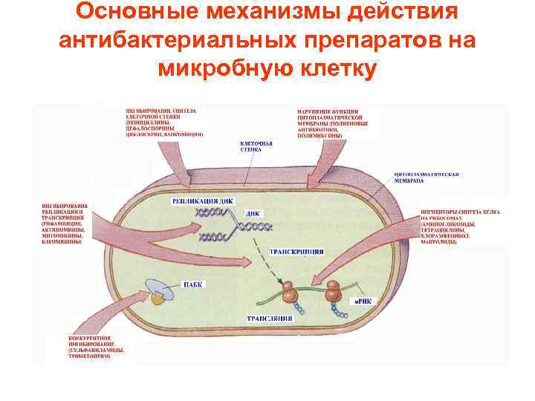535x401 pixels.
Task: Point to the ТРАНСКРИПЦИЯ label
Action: click(296, 252)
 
